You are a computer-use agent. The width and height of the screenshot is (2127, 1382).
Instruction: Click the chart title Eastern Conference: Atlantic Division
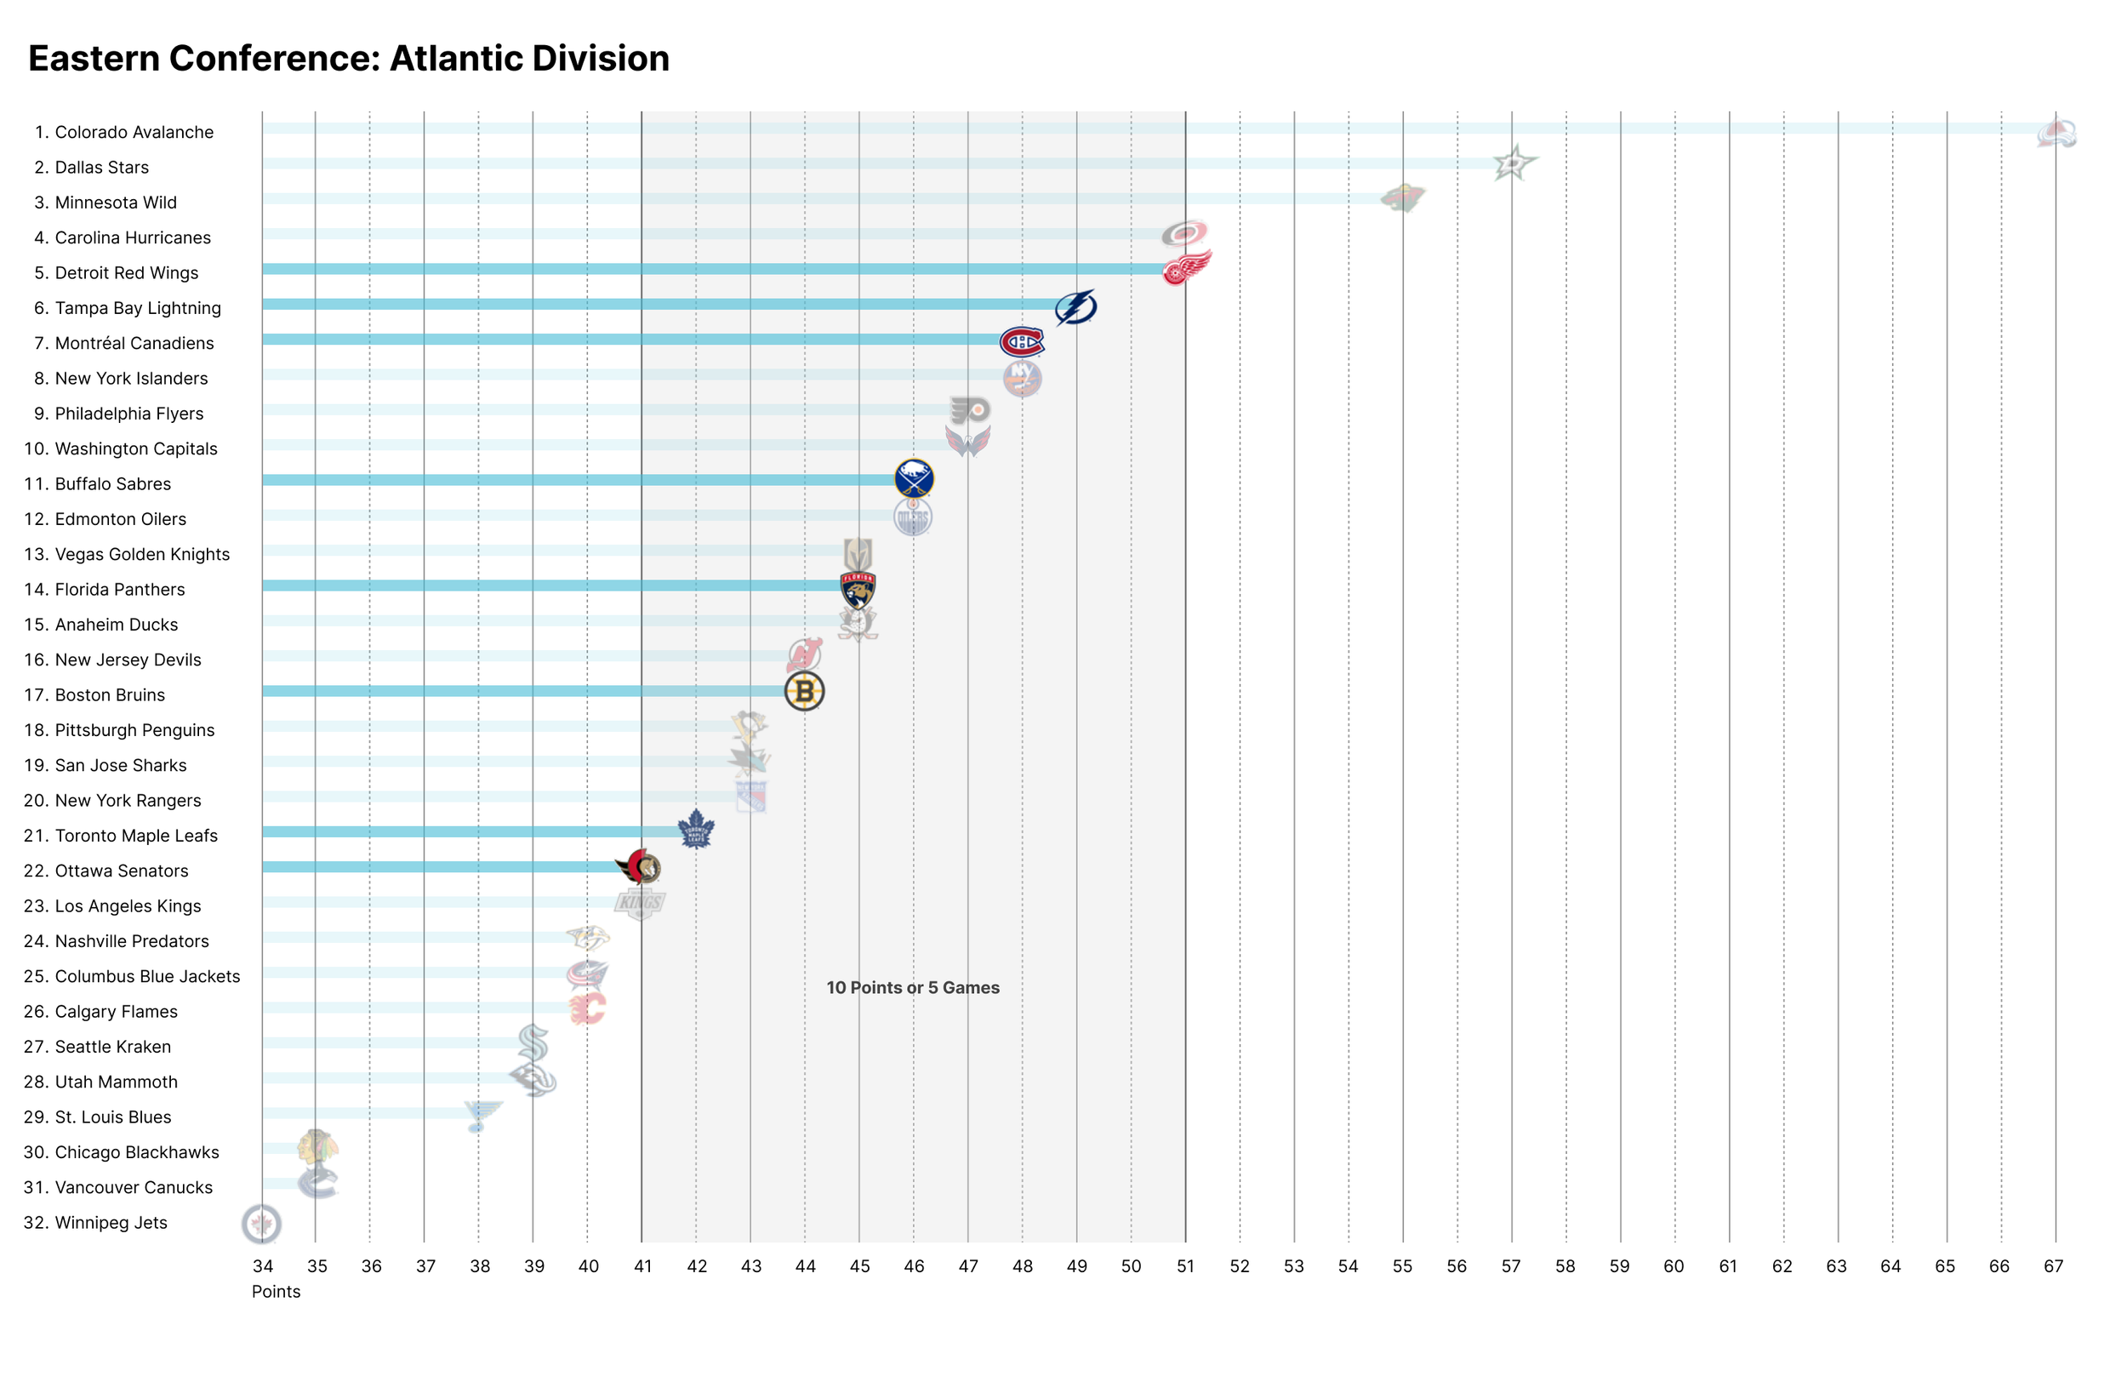click(x=349, y=59)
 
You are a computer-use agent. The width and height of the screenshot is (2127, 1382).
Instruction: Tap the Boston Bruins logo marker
click(x=804, y=692)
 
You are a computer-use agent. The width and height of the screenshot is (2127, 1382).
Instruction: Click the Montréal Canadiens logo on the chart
click(x=1022, y=342)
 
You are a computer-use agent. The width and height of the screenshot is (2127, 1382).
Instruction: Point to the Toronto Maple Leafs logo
click(x=696, y=830)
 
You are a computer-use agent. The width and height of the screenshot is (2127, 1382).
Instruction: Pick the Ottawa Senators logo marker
click(x=639, y=867)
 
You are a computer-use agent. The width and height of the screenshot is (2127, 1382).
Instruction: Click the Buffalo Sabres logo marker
click(x=914, y=479)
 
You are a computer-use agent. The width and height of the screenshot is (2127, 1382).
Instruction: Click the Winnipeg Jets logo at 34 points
click(x=261, y=1223)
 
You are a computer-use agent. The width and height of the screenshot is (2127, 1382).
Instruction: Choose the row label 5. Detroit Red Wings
click(x=117, y=272)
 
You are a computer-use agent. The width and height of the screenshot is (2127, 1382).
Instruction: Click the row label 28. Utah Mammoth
click(x=100, y=1082)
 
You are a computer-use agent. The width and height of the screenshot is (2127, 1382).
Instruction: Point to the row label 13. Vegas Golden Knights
click(x=126, y=554)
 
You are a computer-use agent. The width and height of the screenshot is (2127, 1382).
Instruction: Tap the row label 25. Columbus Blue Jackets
click(x=131, y=976)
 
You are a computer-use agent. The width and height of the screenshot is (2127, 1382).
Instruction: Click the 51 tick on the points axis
click(x=1185, y=1265)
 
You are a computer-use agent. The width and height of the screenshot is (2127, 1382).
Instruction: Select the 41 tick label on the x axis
click(x=642, y=1265)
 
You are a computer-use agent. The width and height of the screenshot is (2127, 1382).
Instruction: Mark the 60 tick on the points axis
click(x=1673, y=1265)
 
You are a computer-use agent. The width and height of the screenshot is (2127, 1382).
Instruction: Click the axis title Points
click(x=276, y=1292)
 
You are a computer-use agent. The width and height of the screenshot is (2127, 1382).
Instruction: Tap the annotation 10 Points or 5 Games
click(x=912, y=988)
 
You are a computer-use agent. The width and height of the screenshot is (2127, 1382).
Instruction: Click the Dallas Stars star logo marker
click(x=1513, y=163)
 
